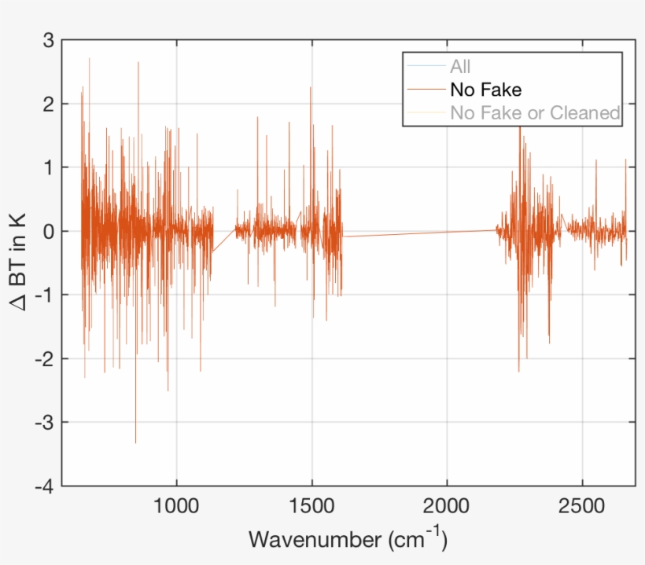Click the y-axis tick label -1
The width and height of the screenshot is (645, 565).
coord(44,295)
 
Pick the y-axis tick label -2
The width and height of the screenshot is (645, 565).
coord(44,359)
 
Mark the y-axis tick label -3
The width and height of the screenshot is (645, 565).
coord(44,423)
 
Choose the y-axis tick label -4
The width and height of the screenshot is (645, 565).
coord(44,486)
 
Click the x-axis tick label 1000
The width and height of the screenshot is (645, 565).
coord(176,504)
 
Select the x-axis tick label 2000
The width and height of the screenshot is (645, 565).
coord(447,504)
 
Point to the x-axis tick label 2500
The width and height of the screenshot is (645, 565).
coord(582,504)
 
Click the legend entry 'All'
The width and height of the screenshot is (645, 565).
coord(460,68)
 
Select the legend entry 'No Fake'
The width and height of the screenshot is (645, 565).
coord(485,90)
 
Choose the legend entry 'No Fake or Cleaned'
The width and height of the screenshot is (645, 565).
coord(535,112)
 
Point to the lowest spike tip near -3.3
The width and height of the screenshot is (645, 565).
coord(135,442)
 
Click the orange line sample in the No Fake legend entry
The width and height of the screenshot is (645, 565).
coord(426,90)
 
